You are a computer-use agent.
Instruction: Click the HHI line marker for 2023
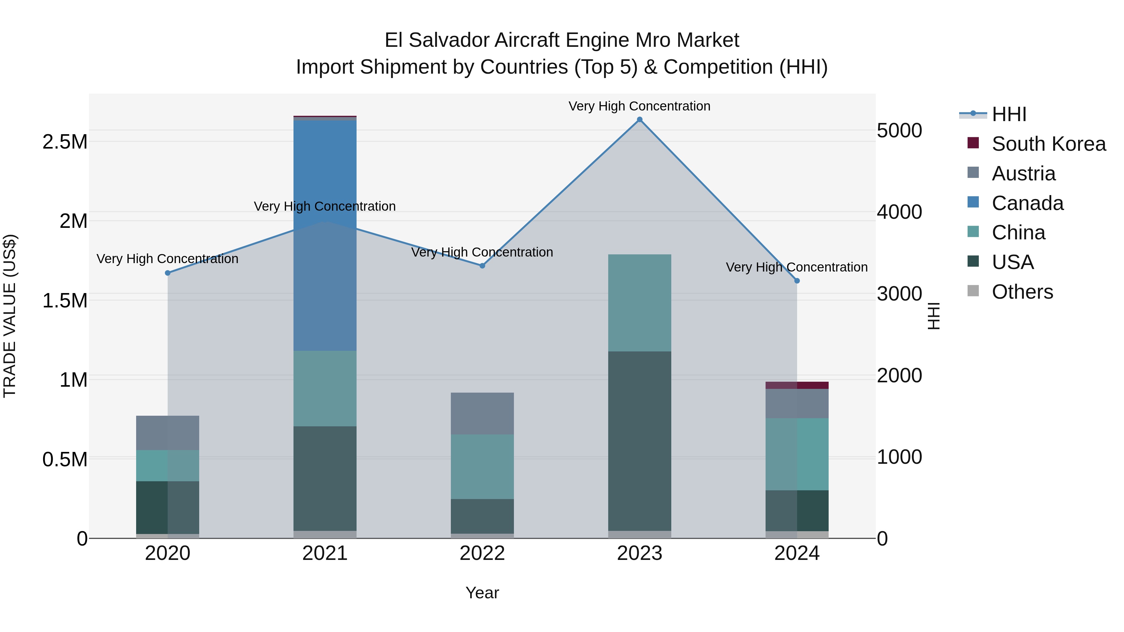coord(640,120)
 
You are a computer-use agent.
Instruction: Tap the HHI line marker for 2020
coord(168,273)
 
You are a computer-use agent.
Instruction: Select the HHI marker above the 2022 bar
coord(482,266)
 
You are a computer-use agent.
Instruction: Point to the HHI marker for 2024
coord(797,281)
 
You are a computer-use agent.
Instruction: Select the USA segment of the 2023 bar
coord(640,440)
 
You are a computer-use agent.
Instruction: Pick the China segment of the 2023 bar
coord(640,303)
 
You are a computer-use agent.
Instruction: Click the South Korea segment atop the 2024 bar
coord(797,385)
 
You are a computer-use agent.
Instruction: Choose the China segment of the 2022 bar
coord(482,466)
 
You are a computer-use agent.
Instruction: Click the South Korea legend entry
coord(1048,144)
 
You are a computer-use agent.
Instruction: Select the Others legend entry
coord(1022,292)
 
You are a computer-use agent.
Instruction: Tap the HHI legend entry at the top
coord(1009,114)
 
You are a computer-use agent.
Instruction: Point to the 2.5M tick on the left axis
coord(65,142)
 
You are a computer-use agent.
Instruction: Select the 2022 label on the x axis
coord(482,553)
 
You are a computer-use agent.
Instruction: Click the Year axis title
coord(482,593)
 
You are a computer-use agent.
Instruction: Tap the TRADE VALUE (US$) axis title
coord(10,316)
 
